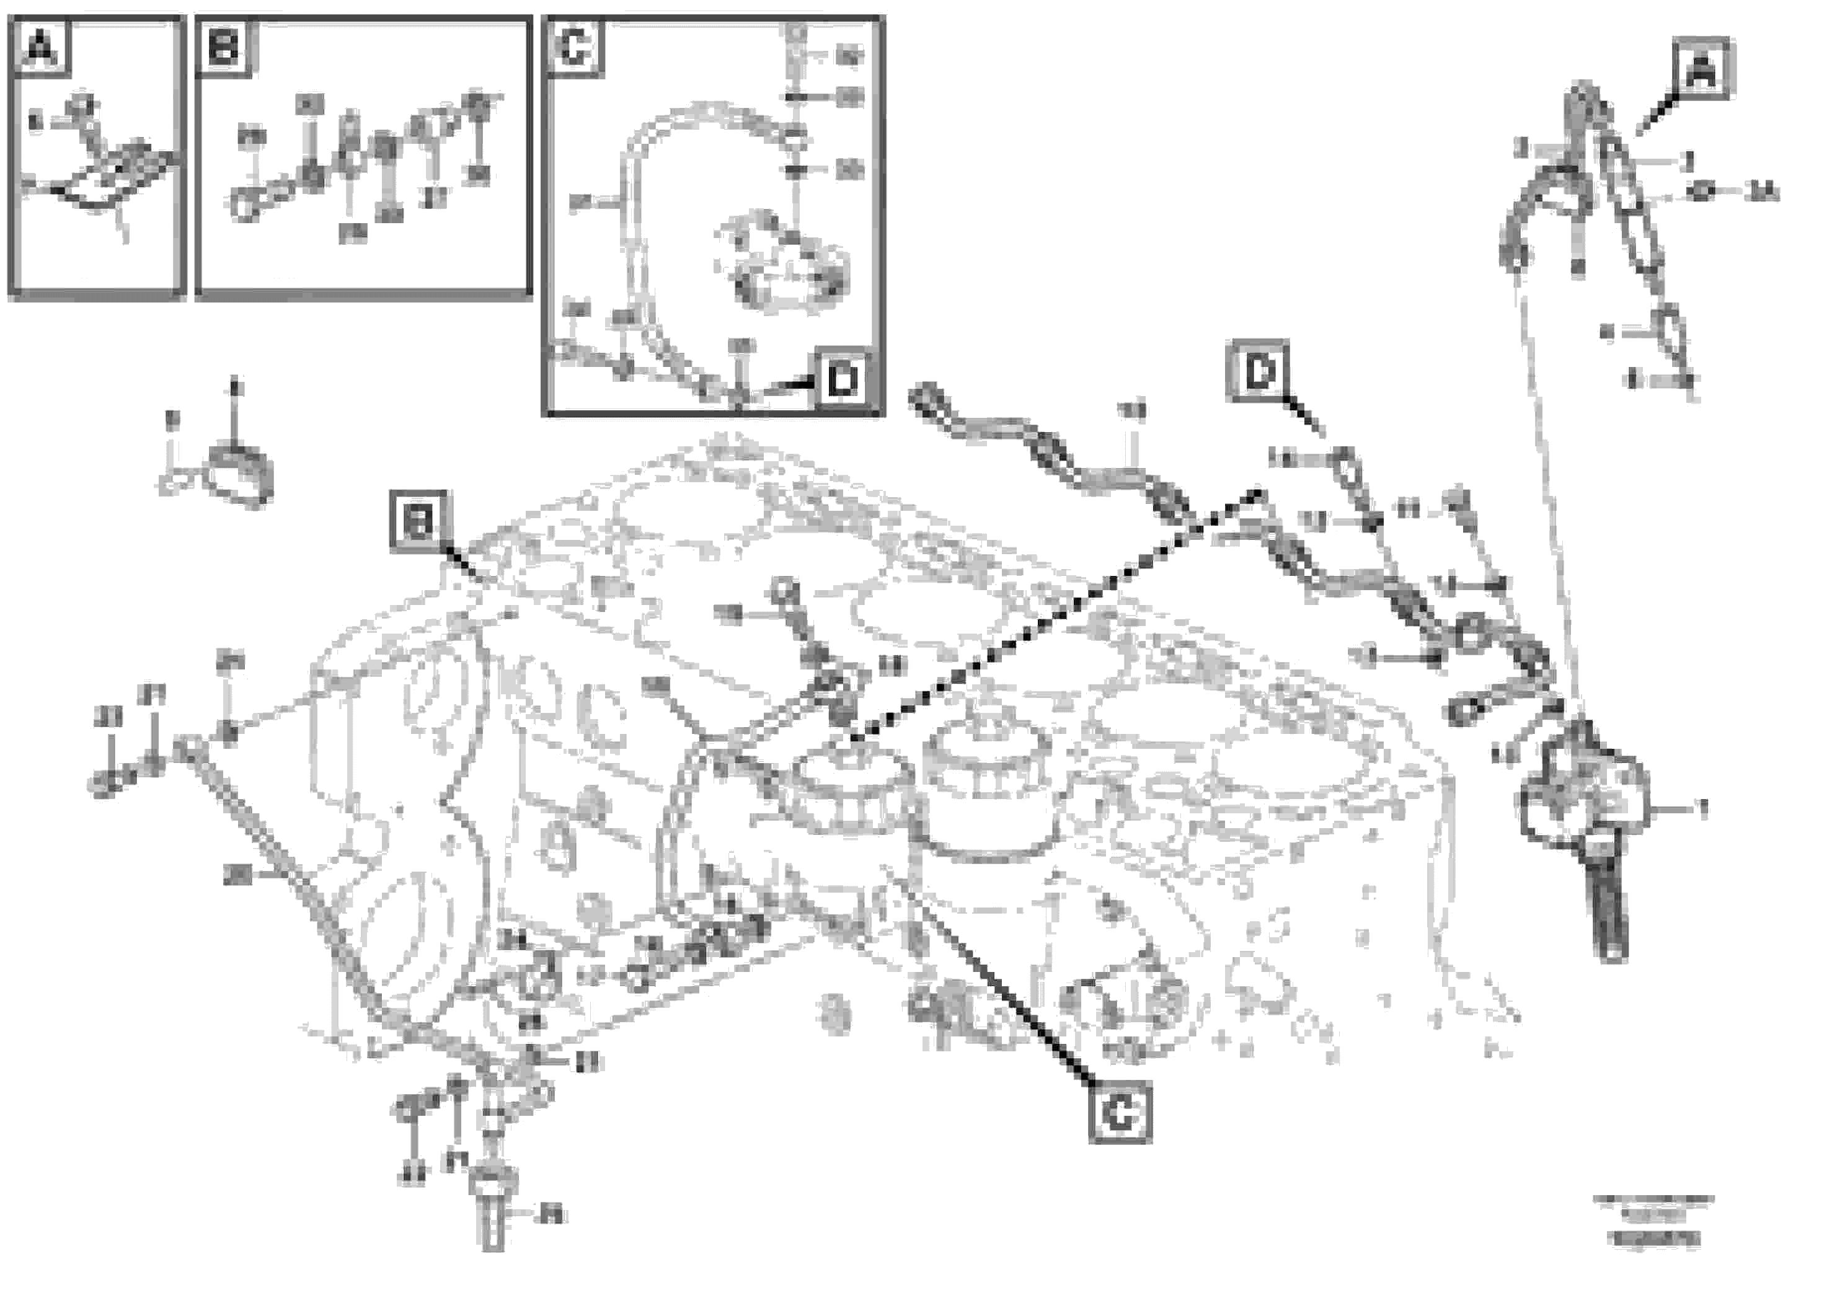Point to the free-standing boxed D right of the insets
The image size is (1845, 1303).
pyautogui.click(x=1259, y=372)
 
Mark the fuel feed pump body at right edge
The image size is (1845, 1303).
pyautogui.click(x=1583, y=795)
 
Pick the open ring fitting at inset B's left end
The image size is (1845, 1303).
pyautogui.click(x=245, y=205)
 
